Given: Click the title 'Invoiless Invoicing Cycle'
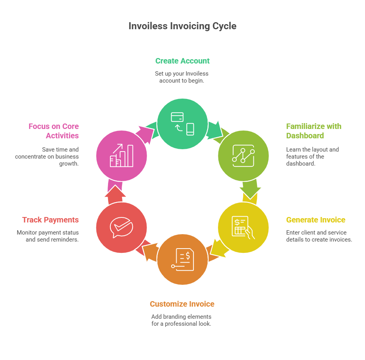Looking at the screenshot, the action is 182,26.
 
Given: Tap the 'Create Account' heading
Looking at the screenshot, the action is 182,61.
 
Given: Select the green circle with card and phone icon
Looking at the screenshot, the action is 182,124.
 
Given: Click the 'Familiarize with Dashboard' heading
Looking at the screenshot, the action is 314,131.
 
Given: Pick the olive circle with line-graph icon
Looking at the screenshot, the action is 243,156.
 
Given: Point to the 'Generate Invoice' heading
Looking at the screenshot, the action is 315,220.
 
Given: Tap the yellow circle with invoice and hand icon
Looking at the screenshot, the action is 243,228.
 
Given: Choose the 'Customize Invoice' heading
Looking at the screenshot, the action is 182,304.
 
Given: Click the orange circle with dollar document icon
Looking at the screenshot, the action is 182,259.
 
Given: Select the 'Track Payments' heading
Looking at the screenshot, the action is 51,220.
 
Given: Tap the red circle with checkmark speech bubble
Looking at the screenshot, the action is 122,228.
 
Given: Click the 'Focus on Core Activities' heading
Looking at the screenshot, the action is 54,131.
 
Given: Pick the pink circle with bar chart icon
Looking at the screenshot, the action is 122,156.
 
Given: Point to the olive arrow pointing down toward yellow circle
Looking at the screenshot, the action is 250,189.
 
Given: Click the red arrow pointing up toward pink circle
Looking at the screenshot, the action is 115,194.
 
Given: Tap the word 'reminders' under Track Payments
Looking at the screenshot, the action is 66,240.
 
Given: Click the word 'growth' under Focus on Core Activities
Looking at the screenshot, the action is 69,164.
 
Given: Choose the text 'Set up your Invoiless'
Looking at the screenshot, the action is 182,74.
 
